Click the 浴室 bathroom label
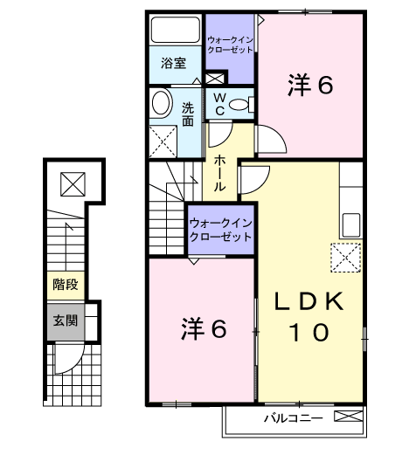pyautogui.click(x=174, y=63)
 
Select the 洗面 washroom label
pyautogui.click(x=188, y=114)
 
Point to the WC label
pyautogui.click(x=218, y=104)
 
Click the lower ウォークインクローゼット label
pyautogui.click(x=220, y=230)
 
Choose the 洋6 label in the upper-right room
pyautogui.click(x=310, y=84)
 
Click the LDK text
pyautogui.click(x=309, y=302)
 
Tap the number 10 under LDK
pyautogui.click(x=309, y=332)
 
